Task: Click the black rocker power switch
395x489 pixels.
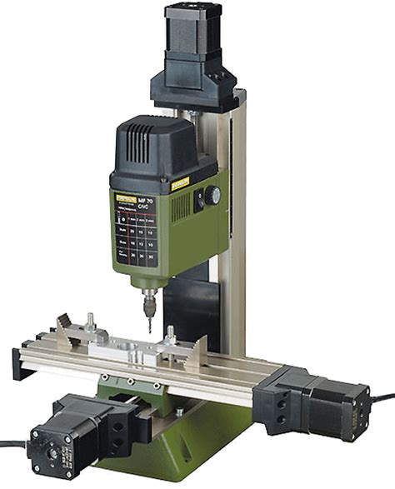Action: point(199,201)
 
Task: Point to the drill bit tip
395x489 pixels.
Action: point(150,328)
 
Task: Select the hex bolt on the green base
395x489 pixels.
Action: point(178,412)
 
